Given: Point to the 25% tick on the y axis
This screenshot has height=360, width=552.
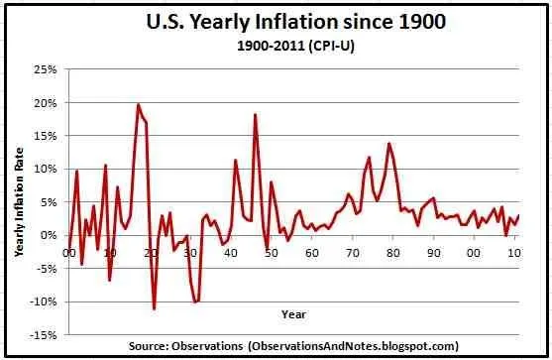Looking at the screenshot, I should (46, 69).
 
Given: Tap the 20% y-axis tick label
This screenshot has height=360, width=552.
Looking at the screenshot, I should (46, 103).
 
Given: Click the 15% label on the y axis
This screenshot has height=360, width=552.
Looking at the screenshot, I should (46, 136).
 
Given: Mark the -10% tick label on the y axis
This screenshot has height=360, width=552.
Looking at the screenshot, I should (44, 301).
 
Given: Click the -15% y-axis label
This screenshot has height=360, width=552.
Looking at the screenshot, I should (44, 335).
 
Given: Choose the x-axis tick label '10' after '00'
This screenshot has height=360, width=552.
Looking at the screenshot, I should (514, 253).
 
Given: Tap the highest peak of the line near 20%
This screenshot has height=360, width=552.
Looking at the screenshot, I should (138, 104).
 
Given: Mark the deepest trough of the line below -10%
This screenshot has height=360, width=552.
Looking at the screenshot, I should (155, 308).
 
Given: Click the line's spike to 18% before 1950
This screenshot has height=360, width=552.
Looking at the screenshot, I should (255, 114).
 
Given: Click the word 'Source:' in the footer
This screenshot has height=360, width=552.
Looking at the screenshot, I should (152, 346).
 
